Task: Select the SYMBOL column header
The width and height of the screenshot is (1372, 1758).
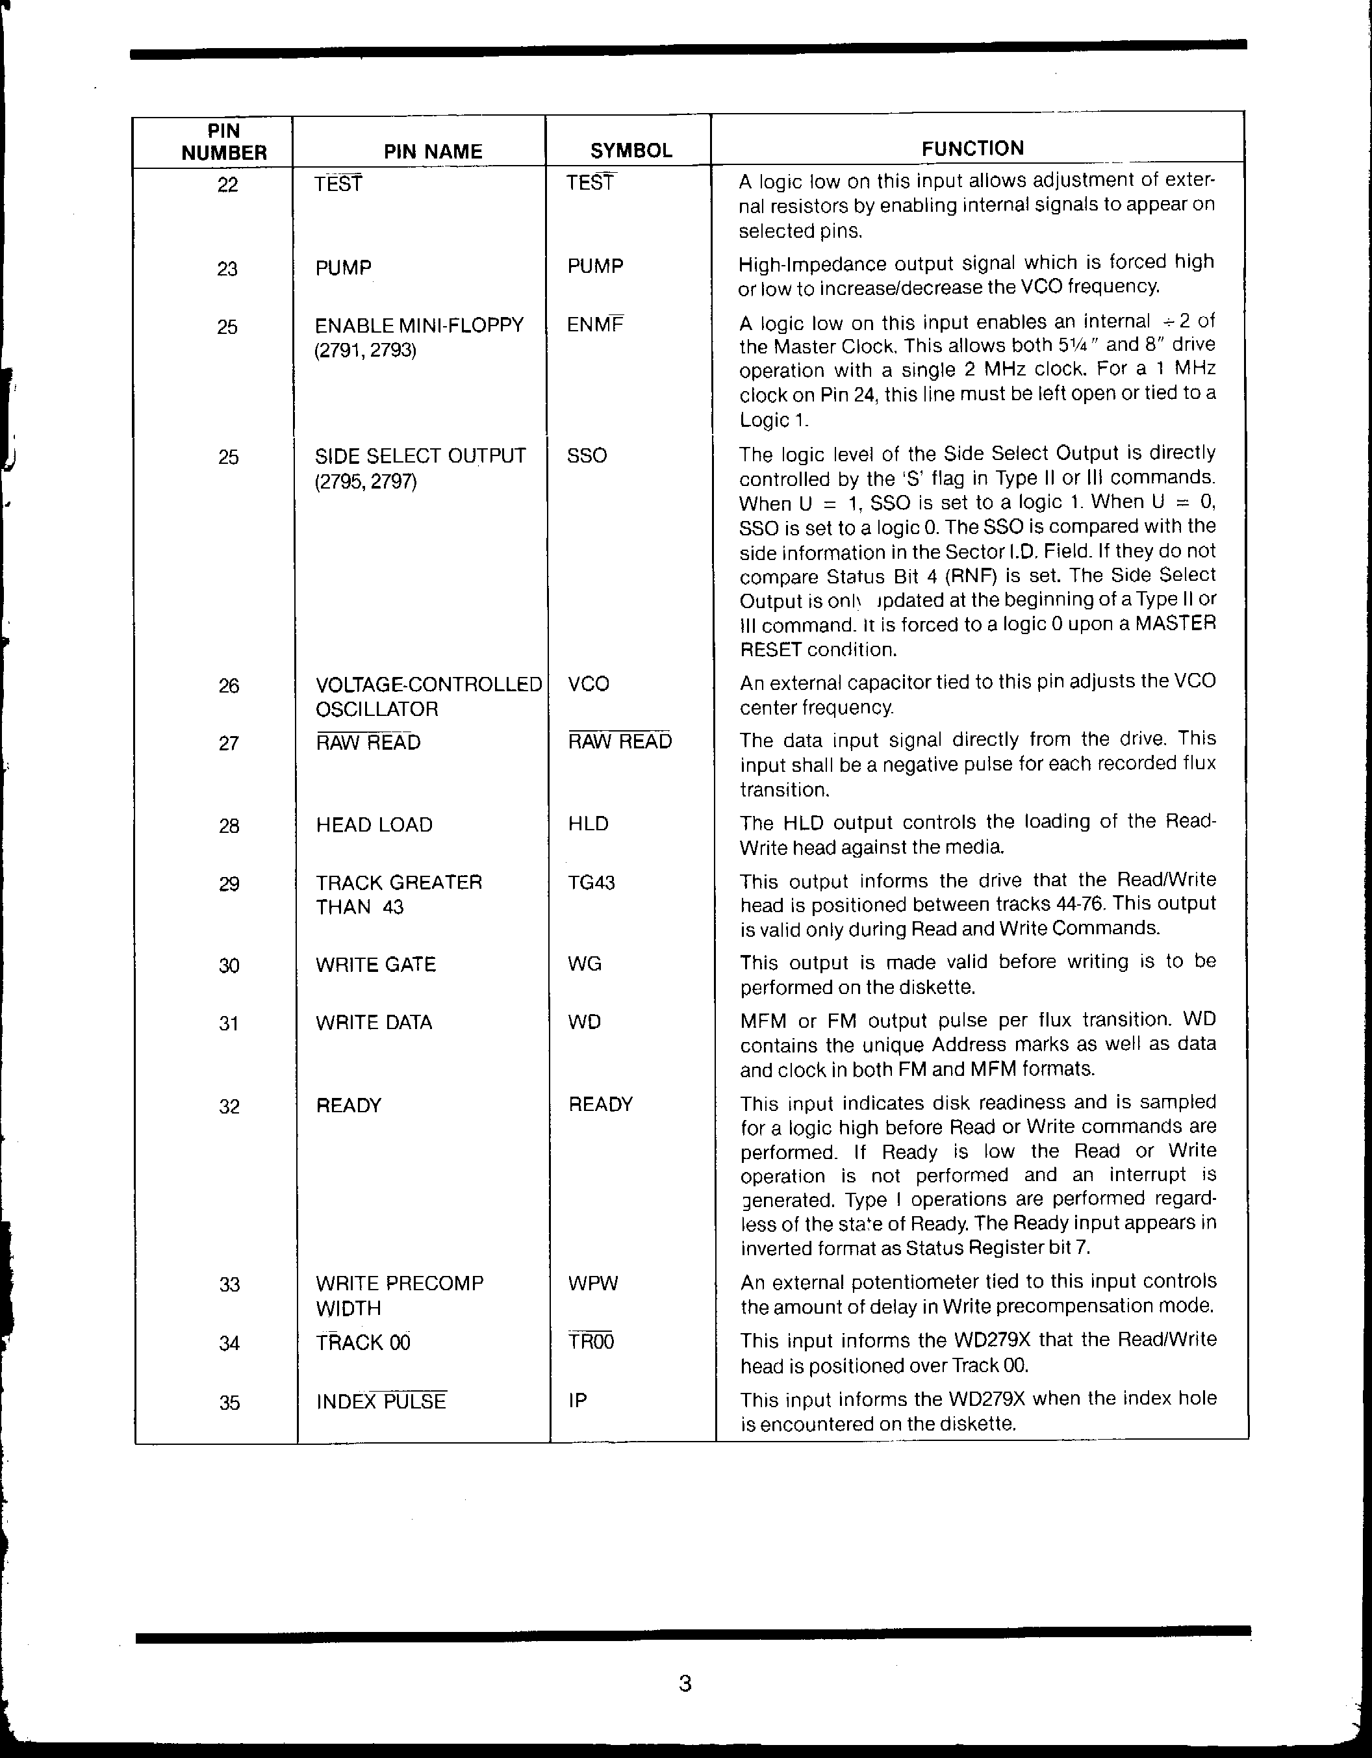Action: (x=631, y=151)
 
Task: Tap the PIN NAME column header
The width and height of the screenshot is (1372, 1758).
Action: (x=433, y=151)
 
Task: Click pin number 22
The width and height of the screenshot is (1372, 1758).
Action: (x=228, y=185)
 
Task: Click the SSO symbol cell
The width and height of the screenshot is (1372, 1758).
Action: (x=587, y=455)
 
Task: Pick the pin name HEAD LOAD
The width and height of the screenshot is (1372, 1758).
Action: (x=374, y=825)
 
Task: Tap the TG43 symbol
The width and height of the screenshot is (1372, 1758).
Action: (x=591, y=883)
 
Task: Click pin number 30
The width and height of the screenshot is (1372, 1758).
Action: (x=229, y=965)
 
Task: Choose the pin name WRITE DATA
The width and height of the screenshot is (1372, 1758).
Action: (x=374, y=1023)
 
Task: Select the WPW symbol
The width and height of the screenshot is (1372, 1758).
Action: (x=593, y=1283)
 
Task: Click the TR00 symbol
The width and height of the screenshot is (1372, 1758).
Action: (x=591, y=1342)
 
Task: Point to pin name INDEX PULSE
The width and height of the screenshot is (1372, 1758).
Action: (x=381, y=1401)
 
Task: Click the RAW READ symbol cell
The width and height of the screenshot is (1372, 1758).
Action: (x=620, y=741)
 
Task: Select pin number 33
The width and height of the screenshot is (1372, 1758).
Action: (x=229, y=1284)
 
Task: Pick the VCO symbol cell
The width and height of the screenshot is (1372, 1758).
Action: (x=588, y=684)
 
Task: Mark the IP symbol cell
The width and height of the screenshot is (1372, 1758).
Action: (x=577, y=1401)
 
